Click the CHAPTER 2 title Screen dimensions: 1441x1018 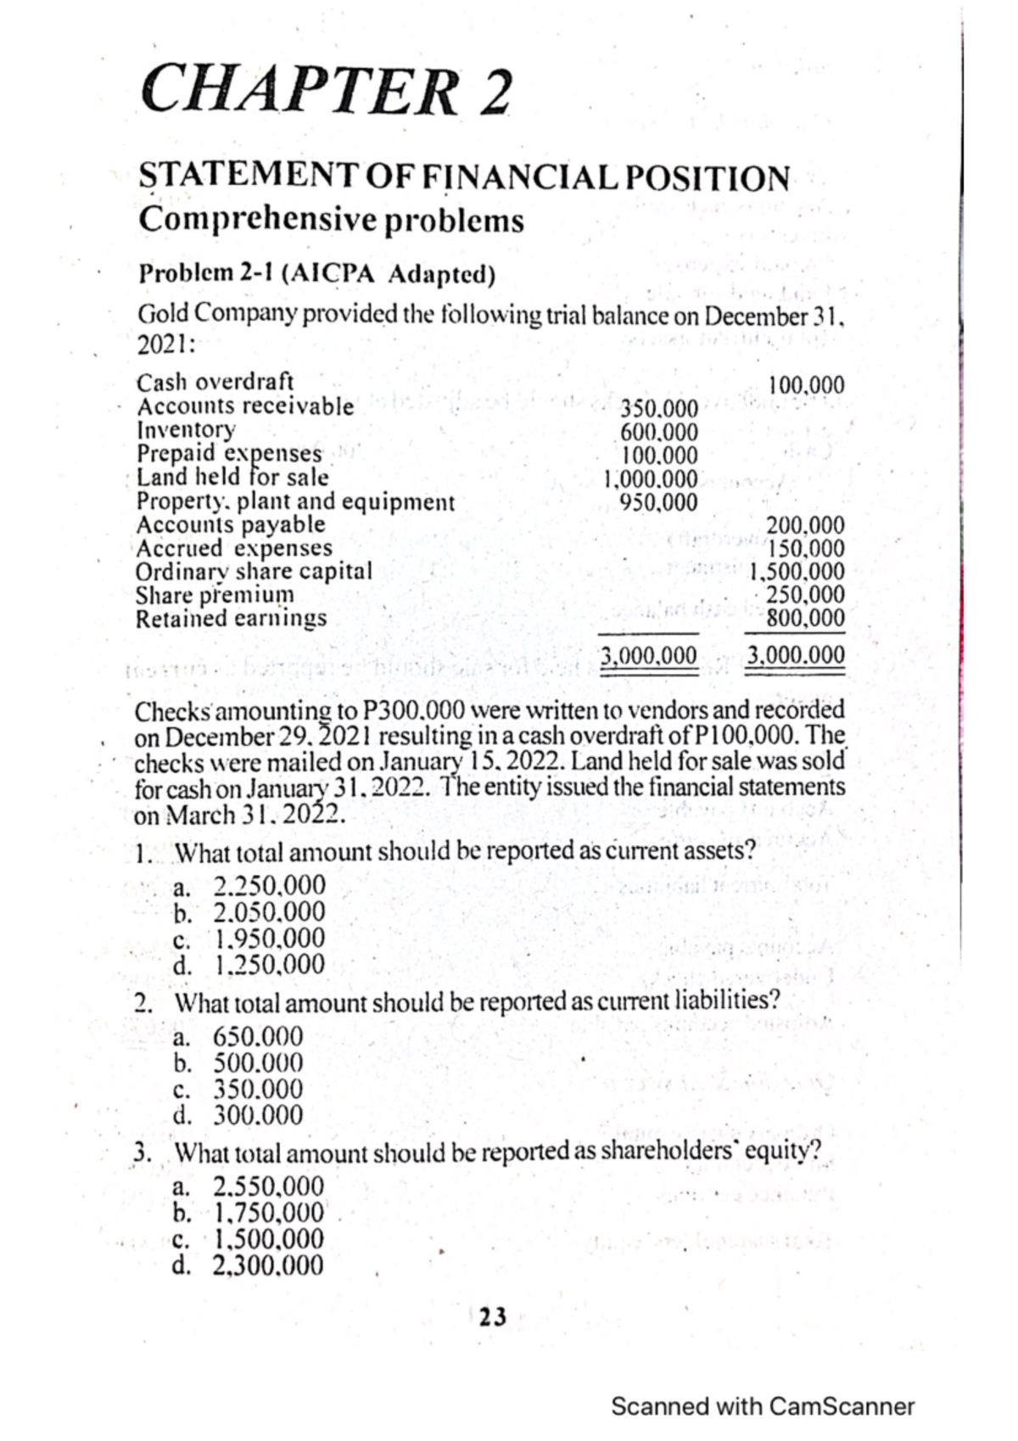click(326, 91)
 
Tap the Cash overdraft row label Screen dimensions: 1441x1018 click(215, 383)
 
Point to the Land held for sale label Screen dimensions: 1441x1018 click(233, 477)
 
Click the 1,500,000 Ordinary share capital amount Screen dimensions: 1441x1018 click(797, 571)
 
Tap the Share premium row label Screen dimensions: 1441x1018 click(215, 594)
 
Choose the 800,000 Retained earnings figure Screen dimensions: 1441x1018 click(805, 617)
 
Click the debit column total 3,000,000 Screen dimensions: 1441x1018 click(649, 655)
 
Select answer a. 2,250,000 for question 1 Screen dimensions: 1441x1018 click(250, 886)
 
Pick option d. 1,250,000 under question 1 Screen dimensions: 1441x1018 click(250, 965)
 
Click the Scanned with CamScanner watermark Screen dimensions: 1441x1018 click(762, 1406)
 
